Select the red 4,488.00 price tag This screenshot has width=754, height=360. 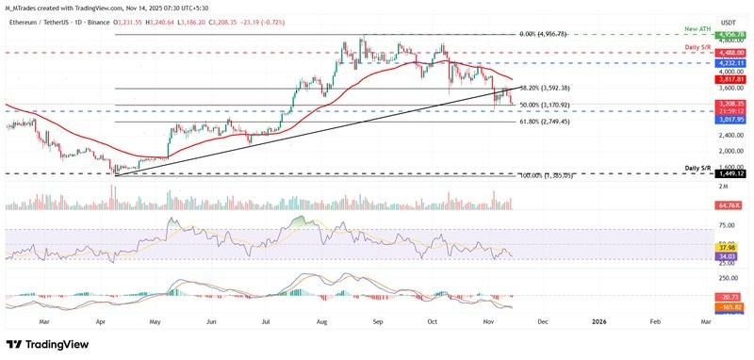(705, 53)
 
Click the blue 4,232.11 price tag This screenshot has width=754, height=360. (705, 63)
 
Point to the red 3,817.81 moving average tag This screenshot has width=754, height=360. (705, 80)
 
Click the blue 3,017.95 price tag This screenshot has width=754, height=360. (705, 120)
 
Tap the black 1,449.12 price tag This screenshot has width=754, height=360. (705, 174)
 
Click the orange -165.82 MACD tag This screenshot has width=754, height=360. (703, 307)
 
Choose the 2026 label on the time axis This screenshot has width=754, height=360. (599, 321)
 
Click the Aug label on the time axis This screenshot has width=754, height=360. (323, 321)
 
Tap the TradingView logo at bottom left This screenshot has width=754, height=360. (47, 345)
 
